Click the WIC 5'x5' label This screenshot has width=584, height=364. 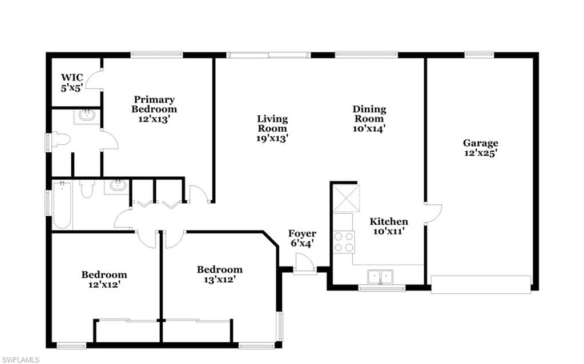72,83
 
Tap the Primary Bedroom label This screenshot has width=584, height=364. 154,110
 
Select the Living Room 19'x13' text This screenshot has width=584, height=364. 272,128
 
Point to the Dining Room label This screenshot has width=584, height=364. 369,119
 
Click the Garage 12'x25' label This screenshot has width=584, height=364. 481,148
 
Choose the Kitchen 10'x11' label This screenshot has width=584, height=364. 388,227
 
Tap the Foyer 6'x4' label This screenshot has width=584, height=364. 302,238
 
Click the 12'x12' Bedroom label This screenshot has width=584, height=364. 104,280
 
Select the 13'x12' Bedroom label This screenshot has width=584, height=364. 220,274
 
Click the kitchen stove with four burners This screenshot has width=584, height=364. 344,242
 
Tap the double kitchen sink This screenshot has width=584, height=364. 380,277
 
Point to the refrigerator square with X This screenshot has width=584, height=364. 347,199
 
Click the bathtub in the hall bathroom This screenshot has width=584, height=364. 62,204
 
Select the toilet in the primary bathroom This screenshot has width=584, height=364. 61,140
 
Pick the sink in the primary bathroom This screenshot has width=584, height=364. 87,115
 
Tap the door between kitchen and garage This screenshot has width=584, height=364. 433,213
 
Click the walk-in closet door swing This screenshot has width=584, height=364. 94,79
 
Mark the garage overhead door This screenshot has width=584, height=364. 481,284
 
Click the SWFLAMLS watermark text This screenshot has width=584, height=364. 20,360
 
